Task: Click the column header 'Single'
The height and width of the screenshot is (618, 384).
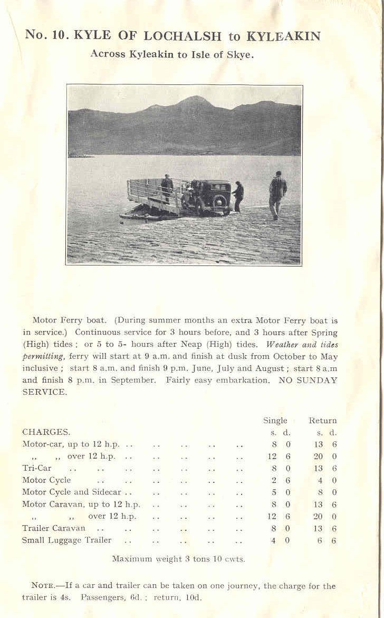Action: tap(275, 421)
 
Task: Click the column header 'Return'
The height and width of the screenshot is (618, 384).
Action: tap(322, 421)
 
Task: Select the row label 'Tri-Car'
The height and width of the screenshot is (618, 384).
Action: tap(36, 468)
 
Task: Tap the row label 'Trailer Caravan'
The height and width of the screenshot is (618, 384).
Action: tap(53, 528)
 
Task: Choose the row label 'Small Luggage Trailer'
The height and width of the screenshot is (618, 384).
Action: tap(66, 540)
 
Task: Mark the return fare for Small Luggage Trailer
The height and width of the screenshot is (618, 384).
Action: tap(327, 540)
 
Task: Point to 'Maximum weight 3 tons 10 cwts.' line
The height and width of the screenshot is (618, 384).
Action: tap(178, 558)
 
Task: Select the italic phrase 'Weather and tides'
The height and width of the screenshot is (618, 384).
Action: tap(301, 344)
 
